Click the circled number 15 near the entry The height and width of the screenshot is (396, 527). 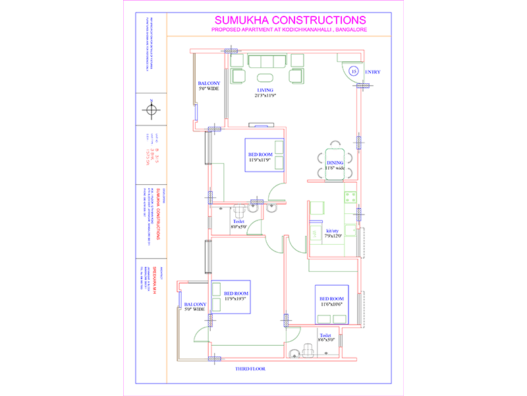(353, 71)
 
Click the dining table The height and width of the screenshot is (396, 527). (335, 160)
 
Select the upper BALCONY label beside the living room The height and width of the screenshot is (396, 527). (209, 83)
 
